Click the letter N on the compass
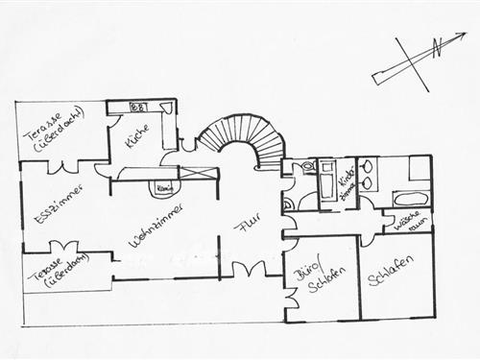(435, 47)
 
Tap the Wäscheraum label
(407, 225)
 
